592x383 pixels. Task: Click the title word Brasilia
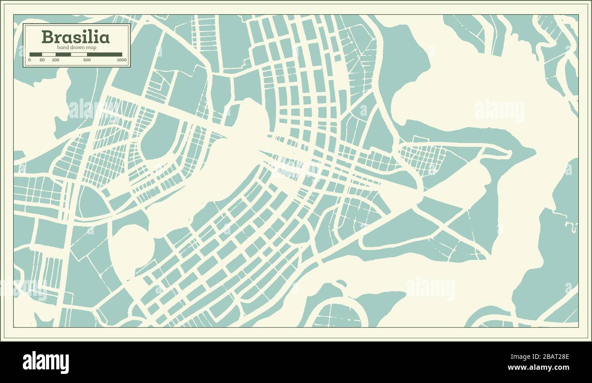(75, 37)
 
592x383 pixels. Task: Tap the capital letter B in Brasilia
(46, 37)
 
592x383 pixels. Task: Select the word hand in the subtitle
(62, 48)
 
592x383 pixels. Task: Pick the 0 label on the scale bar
(30, 60)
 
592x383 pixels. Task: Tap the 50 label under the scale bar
(42, 60)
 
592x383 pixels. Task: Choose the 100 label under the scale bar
(56, 60)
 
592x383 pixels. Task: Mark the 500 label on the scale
(87, 60)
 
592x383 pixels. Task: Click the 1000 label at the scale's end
(121, 60)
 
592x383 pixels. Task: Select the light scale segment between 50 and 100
(49, 55)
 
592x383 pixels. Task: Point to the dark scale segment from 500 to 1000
(104, 55)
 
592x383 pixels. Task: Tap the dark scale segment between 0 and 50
(36, 55)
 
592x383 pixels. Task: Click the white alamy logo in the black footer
(46, 362)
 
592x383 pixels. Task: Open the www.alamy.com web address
(538, 367)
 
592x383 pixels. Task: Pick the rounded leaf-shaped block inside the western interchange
(92, 203)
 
